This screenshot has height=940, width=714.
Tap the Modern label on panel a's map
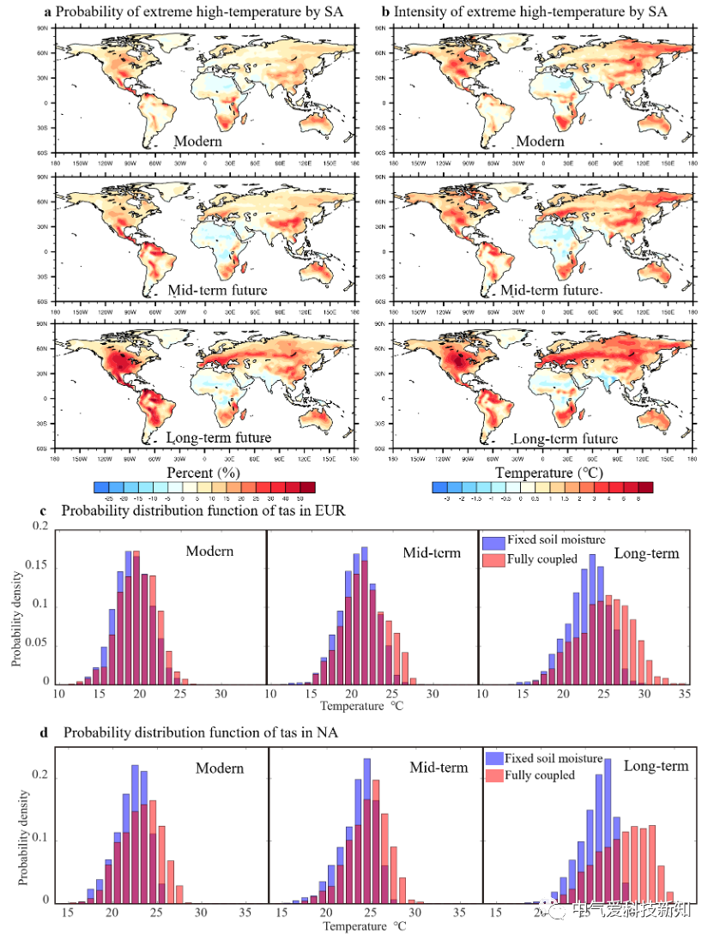[x=198, y=142]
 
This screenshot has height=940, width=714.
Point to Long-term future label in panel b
[x=565, y=439]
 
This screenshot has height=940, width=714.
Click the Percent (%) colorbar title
[x=203, y=473]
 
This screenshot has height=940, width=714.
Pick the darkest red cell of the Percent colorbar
[x=308, y=487]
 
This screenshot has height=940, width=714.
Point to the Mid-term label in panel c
[x=432, y=552]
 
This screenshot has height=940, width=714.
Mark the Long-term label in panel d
[x=656, y=766]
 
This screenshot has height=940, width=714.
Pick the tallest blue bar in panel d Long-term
[x=608, y=830]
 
